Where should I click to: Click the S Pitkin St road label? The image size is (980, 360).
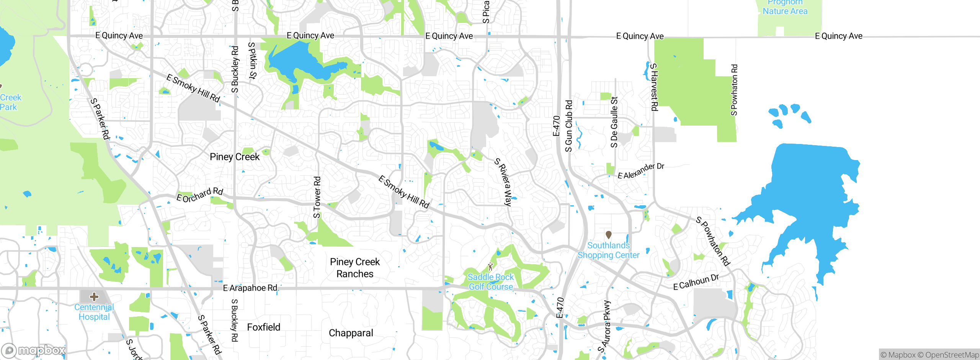pyautogui.click(x=252, y=61)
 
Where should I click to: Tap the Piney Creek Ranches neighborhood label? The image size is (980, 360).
pyautogui.click(x=355, y=268)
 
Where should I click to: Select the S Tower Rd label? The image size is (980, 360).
pyautogui.click(x=317, y=197)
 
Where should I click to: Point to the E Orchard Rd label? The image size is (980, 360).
pyautogui.click(x=199, y=195)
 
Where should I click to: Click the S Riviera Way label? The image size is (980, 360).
pyautogui.click(x=503, y=182)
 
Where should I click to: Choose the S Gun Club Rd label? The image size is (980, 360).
pyautogui.click(x=569, y=126)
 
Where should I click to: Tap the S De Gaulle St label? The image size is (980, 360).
pyautogui.click(x=614, y=122)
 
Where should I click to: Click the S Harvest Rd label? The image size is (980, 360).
pyautogui.click(x=654, y=87)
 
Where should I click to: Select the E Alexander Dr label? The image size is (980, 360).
pyautogui.click(x=641, y=171)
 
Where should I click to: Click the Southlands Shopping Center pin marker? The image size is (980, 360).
pyautogui.click(x=609, y=234)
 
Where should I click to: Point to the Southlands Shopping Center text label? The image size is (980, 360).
pyautogui.click(x=609, y=250)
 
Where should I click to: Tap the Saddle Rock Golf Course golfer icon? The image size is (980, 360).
pyautogui.click(x=491, y=266)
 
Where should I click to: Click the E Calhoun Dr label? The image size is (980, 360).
pyautogui.click(x=696, y=282)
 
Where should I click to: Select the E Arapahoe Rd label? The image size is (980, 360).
pyautogui.click(x=250, y=288)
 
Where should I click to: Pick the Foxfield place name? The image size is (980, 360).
pyautogui.click(x=264, y=327)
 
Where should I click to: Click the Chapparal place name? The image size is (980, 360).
pyautogui.click(x=351, y=333)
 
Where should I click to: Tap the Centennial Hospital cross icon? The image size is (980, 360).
pyautogui.click(x=94, y=297)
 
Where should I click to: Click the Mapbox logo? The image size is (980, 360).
pyautogui.click(x=34, y=350)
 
